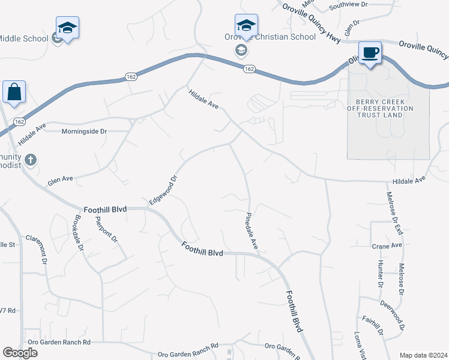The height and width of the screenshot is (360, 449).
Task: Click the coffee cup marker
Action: pyautogui.click(x=370, y=52)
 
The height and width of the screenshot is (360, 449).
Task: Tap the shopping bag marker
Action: pyautogui.click(x=14, y=92)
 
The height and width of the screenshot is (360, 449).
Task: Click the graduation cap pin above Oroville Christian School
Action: pyautogui.click(x=246, y=26)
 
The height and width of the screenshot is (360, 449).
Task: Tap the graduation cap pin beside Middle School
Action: pyautogui.click(x=68, y=28)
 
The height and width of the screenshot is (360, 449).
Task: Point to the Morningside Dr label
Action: pyautogui.click(x=84, y=131)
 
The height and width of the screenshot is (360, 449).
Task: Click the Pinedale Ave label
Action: pyautogui.click(x=252, y=231)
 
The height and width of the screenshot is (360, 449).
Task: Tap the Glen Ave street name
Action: pyautogui.click(x=60, y=179)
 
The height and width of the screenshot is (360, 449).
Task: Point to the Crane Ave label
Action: pyautogui.click(x=387, y=246)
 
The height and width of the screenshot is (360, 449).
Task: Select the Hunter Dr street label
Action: pyautogui.click(x=381, y=273)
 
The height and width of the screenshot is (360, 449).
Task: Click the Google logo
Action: pyautogui.click(x=20, y=353)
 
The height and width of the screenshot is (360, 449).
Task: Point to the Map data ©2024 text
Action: pyautogui.click(x=423, y=355)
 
